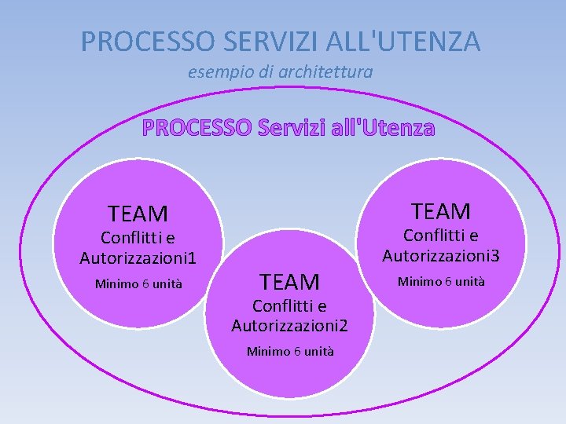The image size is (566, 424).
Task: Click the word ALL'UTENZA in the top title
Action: pyautogui.click(x=397, y=41)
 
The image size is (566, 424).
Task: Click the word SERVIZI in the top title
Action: pyautogui.click(x=257, y=41)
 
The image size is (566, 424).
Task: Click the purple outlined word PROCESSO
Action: pyautogui.click(x=197, y=127)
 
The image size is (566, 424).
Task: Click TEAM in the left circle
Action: pyautogui.click(x=138, y=214)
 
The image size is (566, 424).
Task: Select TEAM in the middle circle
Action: pyautogui.click(x=290, y=281)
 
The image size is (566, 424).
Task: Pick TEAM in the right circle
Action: pyautogui.click(x=441, y=211)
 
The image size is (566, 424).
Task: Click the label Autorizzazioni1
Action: pyautogui.click(x=138, y=258)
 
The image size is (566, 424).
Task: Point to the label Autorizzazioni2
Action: pyautogui.click(x=290, y=325)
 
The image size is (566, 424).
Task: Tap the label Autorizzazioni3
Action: pyautogui.click(x=441, y=255)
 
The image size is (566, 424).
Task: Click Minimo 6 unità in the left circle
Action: pyautogui.click(x=138, y=284)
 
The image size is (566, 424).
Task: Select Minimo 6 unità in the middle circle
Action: pyautogui.click(x=290, y=351)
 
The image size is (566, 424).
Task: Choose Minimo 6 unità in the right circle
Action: pyautogui.click(x=441, y=281)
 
